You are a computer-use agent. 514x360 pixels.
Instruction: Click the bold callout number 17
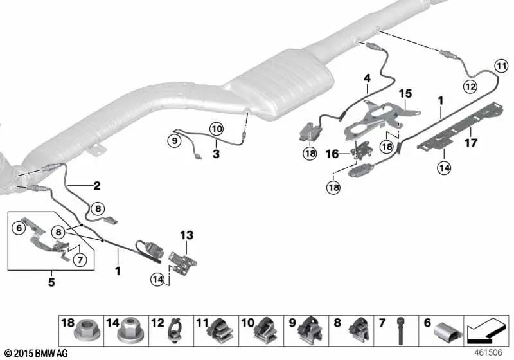(470, 143)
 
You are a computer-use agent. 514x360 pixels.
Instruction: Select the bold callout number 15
(405, 94)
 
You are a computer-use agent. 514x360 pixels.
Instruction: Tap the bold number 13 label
(186, 235)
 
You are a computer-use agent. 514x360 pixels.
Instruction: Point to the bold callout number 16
(332, 154)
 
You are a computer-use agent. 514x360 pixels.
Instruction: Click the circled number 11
(501, 66)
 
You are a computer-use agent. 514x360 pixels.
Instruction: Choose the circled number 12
(470, 87)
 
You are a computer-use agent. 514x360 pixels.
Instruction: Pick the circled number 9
(174, 141)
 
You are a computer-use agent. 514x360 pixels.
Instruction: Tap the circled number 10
(217, 129)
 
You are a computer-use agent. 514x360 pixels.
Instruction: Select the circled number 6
(19, 228)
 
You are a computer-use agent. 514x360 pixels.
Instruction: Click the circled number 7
(80, 260)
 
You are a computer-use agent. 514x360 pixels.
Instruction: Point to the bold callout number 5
(51, 282)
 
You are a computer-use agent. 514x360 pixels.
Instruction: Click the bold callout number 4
(367, 78)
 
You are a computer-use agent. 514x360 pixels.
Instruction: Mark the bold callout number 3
(216, 154)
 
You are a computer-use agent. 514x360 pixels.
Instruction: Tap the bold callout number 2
(97, 186)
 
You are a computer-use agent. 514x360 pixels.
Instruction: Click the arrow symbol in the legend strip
(486, 330)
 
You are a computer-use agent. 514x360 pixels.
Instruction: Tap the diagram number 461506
(488, 352)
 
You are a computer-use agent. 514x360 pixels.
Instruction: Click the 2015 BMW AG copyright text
(37, 354)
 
